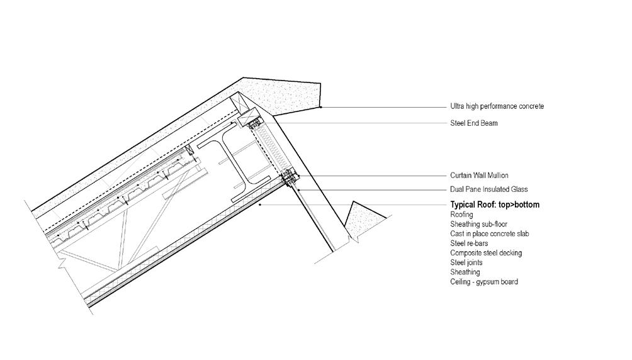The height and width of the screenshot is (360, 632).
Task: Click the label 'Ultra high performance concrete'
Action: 497,106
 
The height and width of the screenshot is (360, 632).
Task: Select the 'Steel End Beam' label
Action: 474,123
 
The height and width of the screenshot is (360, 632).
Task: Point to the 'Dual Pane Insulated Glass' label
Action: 488,189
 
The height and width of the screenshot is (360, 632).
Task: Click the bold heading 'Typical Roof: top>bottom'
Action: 495,205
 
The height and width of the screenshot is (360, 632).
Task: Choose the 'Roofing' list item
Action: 461,215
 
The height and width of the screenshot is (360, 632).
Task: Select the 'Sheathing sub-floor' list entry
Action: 478,225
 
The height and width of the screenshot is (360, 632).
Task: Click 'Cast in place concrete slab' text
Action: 490,234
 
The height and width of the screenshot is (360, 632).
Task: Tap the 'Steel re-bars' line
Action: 469,244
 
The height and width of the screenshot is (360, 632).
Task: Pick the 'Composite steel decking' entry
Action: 486,253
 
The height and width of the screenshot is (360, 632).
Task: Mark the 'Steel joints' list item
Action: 468,262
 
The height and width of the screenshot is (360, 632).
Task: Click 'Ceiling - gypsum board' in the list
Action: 484,282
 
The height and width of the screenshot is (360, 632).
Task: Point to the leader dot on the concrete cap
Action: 320,107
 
